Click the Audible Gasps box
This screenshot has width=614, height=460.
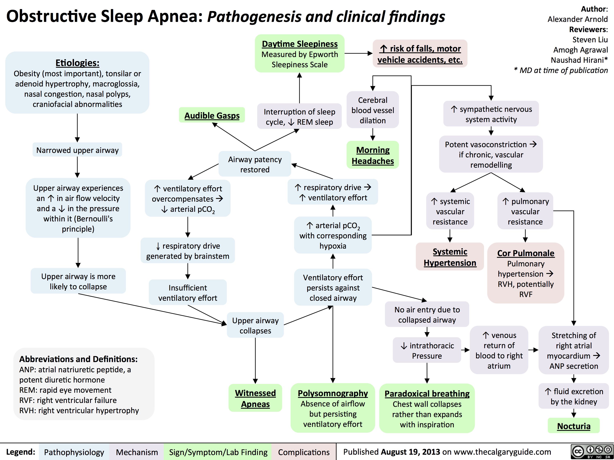(212, 115)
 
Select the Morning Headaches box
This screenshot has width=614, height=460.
(372, 155)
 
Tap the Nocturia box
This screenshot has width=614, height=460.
(573, 426)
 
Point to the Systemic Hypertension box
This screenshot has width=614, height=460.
(450, 257)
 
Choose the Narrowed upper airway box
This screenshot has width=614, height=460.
(77, 150)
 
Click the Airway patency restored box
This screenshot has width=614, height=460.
(255, 164)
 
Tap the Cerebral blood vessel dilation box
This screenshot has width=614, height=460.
(372, 110)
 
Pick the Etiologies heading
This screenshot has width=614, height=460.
(77, 63)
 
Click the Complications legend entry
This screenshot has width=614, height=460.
(304, 452)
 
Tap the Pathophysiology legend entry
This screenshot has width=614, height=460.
(74, 452)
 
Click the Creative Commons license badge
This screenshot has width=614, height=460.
(591, 451)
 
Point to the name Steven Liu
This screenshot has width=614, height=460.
(590, 40)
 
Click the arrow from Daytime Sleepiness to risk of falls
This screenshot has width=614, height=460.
(358, 53)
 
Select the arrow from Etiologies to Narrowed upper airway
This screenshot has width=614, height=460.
(77, 128)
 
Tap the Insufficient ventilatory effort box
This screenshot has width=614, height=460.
(188, 293)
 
